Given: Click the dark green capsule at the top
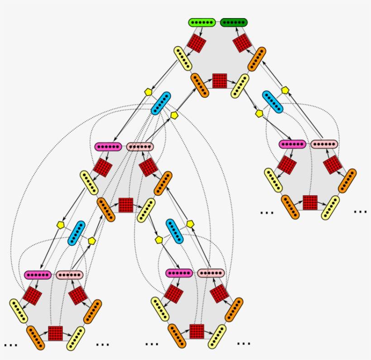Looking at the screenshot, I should (233, 22).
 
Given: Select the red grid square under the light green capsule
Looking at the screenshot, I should (197, 43).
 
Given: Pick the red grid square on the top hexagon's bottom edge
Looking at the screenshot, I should (219, 81).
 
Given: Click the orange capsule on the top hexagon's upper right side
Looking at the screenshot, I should (257, 59).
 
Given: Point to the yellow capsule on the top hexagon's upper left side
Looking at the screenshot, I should (184, 59).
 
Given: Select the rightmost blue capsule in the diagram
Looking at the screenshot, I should (273, 102).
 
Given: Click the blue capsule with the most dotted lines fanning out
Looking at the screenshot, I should (161, 103).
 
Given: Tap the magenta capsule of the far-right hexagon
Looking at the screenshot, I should (292, 144).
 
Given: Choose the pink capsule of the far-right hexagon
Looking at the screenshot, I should (324, 144).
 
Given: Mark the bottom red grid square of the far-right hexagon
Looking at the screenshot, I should (310, 202).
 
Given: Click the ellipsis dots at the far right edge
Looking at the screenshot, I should (360, 211).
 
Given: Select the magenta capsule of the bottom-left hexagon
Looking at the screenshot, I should (38, 275).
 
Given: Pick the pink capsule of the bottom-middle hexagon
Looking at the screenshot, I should (211, 273).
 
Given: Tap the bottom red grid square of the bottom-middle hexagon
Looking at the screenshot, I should (197, 331).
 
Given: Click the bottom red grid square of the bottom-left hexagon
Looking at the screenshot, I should (55, 333).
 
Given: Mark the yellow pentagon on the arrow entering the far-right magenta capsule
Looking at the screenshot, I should (259, 114).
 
